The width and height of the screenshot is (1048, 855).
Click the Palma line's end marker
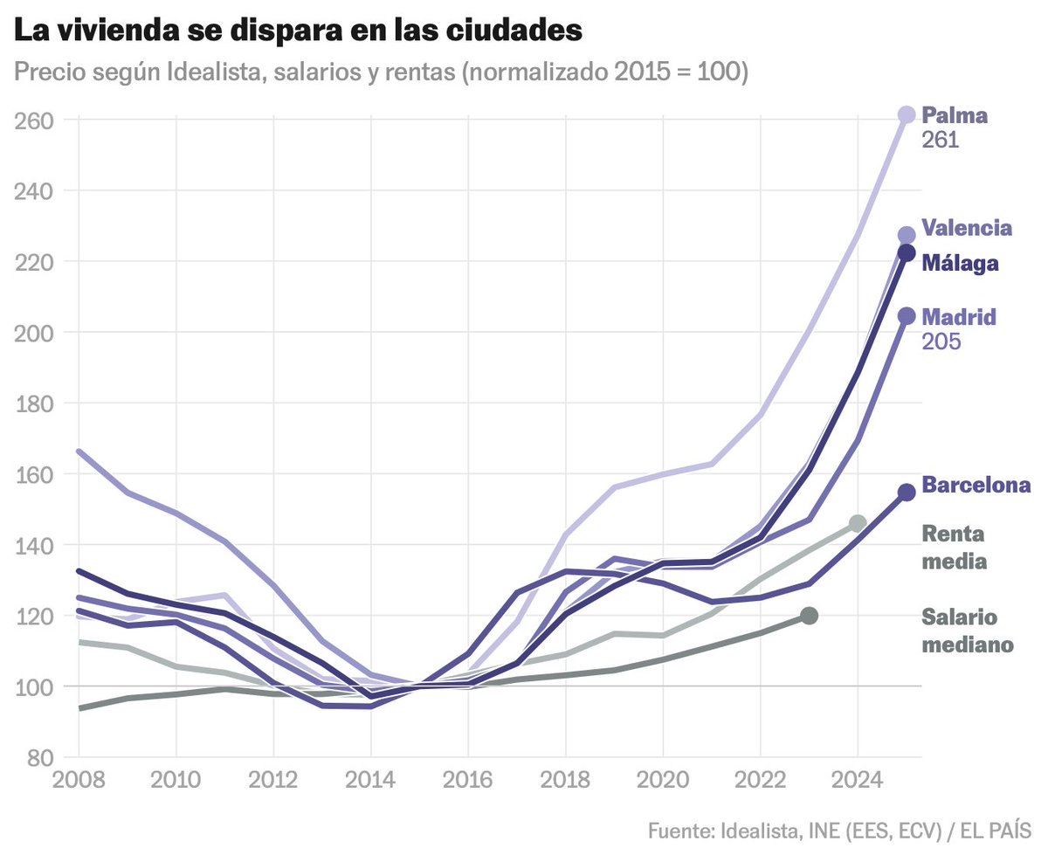pyautogui.click(x=907, y=114)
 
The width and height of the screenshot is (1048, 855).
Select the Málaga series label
pyautogui.click(x=960, y=263)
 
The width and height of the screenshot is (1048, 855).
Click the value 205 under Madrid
pyautogui.click(x=941, y=341)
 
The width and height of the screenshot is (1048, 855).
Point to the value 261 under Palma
pyautogui.click(x=941, y=140)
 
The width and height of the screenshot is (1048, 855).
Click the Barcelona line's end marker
pyautogui.click(x=907, y=493)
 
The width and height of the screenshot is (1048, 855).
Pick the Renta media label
pyautogui.click(x=954, y=548)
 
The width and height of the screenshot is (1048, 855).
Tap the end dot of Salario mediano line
pyautogui.click(x=810, y=616)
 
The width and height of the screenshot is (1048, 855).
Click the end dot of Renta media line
pyautogui.click(x=858, y=523)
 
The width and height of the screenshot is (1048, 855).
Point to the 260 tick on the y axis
pyautogui.click(x=33, y=120)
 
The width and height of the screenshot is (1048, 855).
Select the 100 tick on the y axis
pyautogui.click(x=33, y=686)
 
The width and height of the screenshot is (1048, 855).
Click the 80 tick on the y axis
pyautogui.click(x=39, y=757)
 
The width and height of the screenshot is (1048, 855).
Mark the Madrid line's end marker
pyautogui.click(x=907, y=316)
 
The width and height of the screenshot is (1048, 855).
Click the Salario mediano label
pyautogui.click(x=967, y=631)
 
